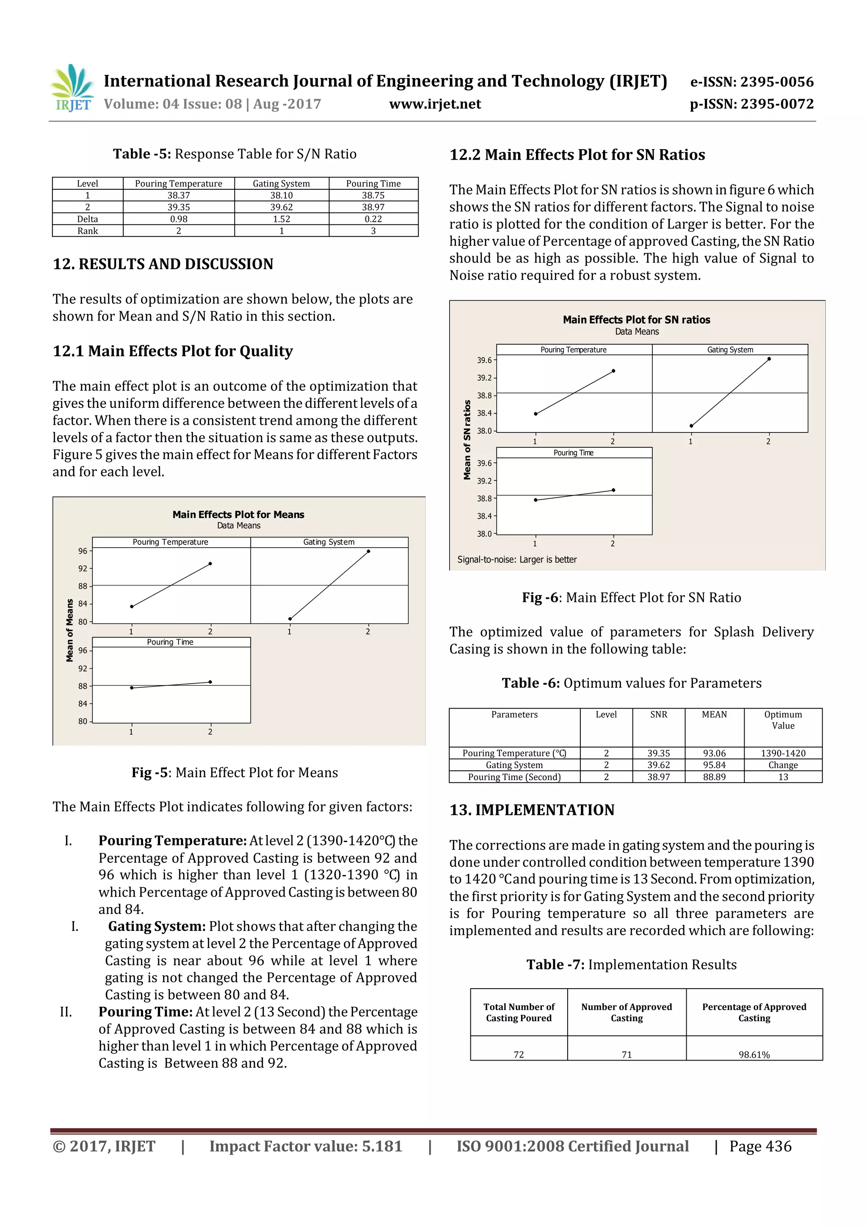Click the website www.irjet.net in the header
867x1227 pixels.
[x=435, y=104]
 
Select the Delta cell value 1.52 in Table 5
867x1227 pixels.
[x=282, y=219]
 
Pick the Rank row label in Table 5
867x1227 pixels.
[x=88, y=231]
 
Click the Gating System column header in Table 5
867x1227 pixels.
[x=282, y=183]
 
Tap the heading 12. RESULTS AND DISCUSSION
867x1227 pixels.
[x=163, y=264]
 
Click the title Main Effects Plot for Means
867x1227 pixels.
[x=238, y=515]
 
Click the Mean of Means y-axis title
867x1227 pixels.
[x=69, y=631]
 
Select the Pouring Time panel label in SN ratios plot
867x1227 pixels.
[x=573, y=453]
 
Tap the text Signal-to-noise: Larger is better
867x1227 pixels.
[x=516, y=559]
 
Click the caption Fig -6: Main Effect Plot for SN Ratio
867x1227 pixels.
[x=632, y=598]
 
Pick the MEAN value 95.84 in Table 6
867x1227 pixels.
[x=714, y=765]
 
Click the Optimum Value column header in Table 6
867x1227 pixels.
[x=783, y=720]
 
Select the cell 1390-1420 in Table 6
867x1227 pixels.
[x=783, y=753]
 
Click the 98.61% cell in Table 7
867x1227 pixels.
[x=754, y=1054]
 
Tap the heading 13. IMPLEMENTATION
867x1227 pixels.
[x=532, y=810]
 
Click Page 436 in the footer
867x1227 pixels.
[x=760, y=1146]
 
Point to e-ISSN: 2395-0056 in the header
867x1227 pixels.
[x=751, y=82]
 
